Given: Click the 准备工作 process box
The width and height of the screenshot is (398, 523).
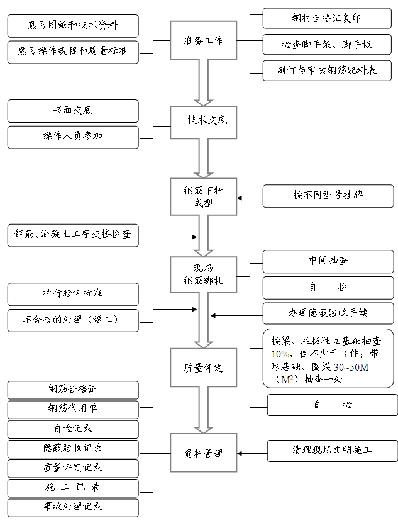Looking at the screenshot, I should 203,41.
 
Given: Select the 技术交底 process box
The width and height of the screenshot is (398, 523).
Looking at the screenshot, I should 203,120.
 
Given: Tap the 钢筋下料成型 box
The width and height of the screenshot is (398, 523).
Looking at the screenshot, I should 203,196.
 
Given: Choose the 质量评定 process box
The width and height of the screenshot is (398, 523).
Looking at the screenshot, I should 203,368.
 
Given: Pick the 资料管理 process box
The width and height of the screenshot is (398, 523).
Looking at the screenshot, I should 203,453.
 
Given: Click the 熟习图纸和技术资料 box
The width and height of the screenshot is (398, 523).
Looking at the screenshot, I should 73,26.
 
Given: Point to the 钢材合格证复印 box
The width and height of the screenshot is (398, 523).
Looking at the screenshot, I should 328,18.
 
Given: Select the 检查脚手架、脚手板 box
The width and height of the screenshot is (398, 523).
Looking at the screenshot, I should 328,44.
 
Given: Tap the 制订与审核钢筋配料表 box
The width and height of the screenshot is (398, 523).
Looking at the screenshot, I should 328,70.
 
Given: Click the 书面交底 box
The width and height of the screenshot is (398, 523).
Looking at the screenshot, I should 73,111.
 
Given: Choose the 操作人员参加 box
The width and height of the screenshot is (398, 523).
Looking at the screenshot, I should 73,137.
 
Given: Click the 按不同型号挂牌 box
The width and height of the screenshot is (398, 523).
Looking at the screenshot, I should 328,196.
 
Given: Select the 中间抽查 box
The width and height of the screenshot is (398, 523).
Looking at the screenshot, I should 328,261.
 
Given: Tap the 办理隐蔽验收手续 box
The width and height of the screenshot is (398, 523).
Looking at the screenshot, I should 328,313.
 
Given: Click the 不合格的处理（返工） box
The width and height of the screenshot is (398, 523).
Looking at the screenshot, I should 73,319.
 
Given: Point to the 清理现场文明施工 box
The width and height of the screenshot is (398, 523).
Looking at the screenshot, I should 332,451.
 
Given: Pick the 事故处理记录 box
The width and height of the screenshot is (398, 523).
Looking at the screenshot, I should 73,506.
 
